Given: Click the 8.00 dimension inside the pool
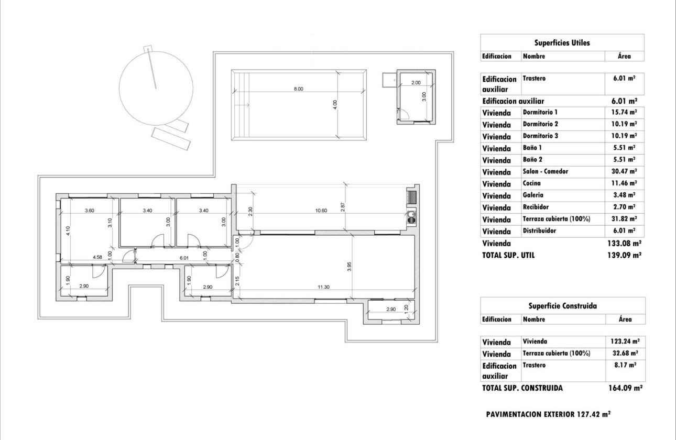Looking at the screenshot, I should pyautogui.click(x=298, y=89).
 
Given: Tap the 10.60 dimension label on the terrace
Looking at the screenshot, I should pyautogui.click(x=321, y=211).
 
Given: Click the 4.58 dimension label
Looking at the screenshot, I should pyautogui.click(x=97, y=257).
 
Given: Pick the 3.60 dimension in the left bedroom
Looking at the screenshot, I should pyautogui.click(x=90, y=211).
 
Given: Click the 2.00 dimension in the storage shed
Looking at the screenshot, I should pyautogui.click(x=415, y=83).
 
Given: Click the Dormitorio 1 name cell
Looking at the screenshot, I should pyautogui.click(x=540, y=112).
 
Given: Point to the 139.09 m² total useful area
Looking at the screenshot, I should pyautogui.click(x=623, y=255).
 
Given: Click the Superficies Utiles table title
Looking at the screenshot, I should pyautogui.click(x=562, y=43).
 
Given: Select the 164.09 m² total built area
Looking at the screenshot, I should pyautogui.click(x=623, y=388).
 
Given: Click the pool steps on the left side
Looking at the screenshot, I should pyautogui.click(x=241, y=105).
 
